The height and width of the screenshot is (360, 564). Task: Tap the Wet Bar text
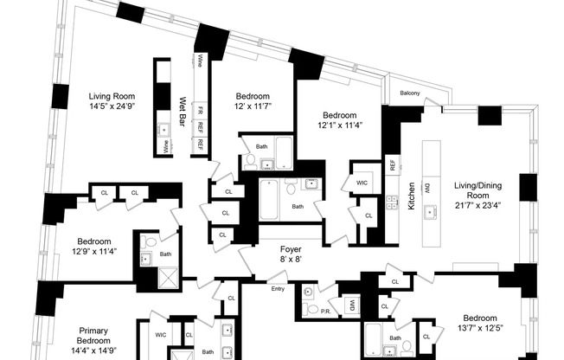pyautogui.click(x=183, y=112)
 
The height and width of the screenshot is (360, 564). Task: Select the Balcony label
pyautogui.click(x=411, y=93)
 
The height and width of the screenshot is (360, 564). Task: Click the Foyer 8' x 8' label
pyautogui.click(x=290, y=254)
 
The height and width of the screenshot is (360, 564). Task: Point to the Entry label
pyautogui.click(x=278, y=289)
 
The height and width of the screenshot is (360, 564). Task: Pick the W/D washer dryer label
pyautogui.click(x=352, y=305)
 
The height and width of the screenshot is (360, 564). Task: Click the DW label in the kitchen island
pyautogui.click(x=426, y=187)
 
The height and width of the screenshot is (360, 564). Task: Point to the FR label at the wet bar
pyautogui.click(x=200, y=112)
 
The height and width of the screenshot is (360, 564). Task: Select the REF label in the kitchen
pyautogui.click(x=392, y=164)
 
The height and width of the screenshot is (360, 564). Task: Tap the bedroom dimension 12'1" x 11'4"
pyautogui.click(x=340, y=125)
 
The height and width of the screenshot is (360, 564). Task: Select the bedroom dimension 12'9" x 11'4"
pyautogui.click(x=96, y=252)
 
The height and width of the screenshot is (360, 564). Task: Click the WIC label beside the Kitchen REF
pyautogui.click(x=363, y=183)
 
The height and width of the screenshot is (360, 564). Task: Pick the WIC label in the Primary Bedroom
pyautogui.click(x=161, y=334)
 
